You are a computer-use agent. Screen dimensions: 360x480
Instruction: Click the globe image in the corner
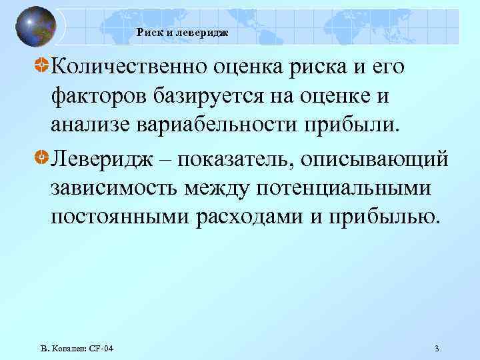[x=34, y=27]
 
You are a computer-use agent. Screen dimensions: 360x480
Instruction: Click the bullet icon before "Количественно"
[x=41, y=67]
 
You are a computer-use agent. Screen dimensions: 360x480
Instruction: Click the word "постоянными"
[x=118, y=219]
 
